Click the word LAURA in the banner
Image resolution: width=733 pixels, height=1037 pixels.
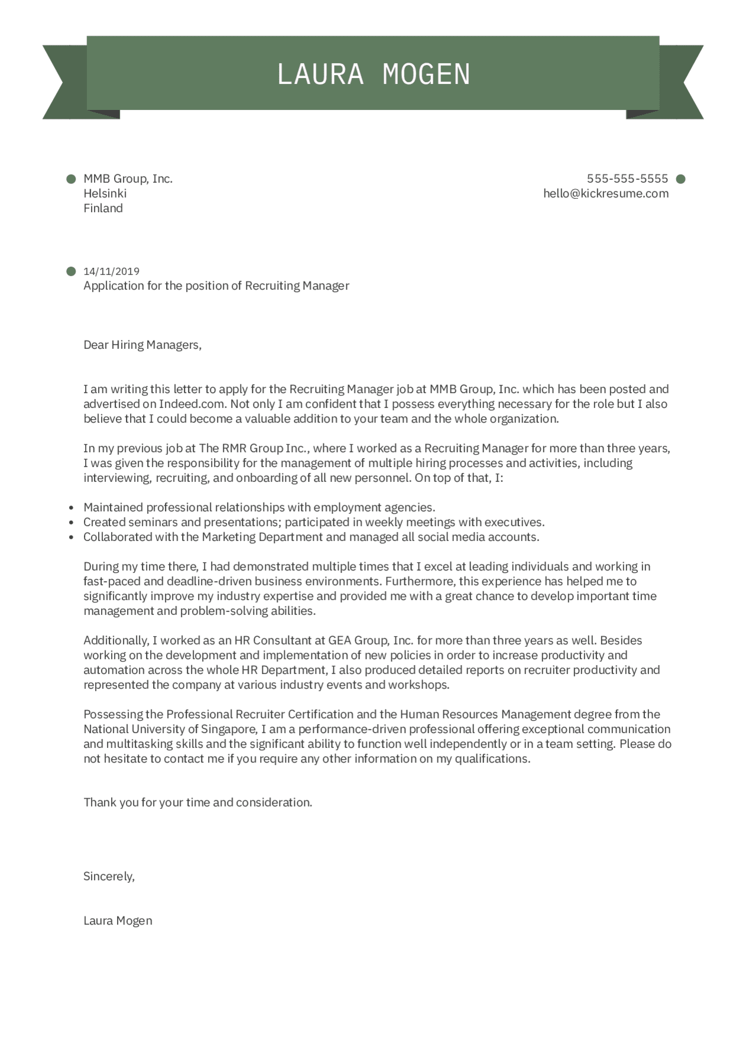pos(320,74)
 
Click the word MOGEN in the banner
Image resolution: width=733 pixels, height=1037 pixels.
pos(426,74)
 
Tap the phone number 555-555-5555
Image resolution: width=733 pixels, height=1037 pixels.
pos(627,179)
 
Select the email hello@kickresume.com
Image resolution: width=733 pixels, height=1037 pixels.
pos(606,193)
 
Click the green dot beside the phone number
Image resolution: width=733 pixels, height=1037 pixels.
pos(680,179)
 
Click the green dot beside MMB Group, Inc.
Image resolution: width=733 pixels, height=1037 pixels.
pos(72,179)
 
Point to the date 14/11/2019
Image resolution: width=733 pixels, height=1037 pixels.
pos(111,271)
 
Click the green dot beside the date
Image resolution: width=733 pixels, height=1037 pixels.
pos(72,271)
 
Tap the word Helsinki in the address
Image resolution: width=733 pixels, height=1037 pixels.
pos(105,193)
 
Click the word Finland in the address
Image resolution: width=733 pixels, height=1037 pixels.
pos(103,208)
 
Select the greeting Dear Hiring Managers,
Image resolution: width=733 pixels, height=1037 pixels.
pos(142,345)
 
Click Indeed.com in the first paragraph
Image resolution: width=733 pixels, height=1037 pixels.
pos(192,404)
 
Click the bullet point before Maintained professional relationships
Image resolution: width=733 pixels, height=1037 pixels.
pos(72,508)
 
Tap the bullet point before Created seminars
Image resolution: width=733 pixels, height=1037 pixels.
pos(72,523)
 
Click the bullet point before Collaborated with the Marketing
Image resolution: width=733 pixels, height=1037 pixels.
pos(72,537)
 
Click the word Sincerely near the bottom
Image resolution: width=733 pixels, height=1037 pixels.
pos(109,876)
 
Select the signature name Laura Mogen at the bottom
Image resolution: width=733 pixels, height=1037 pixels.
pos(118,921)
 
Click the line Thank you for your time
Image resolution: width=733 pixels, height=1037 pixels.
pos(197,802)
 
